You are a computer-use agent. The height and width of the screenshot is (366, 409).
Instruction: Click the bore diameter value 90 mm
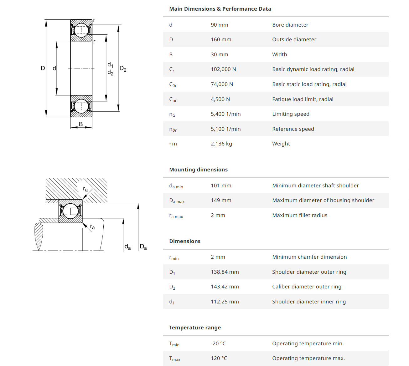(x=219, y=25)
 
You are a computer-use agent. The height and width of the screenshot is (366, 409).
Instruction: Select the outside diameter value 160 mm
(x=221, y=39)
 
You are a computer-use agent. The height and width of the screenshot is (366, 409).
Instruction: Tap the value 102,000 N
(x=223, y=69)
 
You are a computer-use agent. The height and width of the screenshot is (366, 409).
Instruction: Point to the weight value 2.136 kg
(x=221, y=144)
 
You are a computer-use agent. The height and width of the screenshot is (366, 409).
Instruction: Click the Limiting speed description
(x=291, y=114)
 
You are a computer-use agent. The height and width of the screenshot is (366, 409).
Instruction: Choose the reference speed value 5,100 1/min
(x=225, y=129)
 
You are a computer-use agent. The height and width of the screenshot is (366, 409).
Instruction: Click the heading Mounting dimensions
(x=198, y=170)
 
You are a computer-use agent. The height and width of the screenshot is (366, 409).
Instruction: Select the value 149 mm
(x=221, y=200)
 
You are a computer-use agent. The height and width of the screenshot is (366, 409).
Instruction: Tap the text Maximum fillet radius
(x=299, y=215)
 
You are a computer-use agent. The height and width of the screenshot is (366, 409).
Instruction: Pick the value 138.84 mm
(x=225, y=272)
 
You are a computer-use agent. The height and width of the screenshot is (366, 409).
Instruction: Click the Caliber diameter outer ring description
(x=307, y=287)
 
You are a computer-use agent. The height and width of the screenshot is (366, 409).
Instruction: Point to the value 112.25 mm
(x=225, y=302)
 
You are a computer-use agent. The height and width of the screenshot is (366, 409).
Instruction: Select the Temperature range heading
(x=195, y=328)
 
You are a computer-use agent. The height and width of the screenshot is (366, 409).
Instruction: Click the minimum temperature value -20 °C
(x=218, y=343)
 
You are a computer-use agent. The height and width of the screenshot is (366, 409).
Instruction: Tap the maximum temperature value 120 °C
(x=219, y=358)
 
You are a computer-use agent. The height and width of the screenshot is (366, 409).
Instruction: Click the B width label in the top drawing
(x=81, y=124)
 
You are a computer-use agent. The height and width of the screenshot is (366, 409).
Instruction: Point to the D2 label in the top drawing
(x=123, y=69)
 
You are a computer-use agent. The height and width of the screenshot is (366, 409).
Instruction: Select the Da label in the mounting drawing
(x=143, y=247)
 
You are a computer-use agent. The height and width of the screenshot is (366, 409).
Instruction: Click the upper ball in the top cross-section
(x=81, y=30)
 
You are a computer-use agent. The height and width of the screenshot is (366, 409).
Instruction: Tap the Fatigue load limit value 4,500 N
(x=220, y=99)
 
